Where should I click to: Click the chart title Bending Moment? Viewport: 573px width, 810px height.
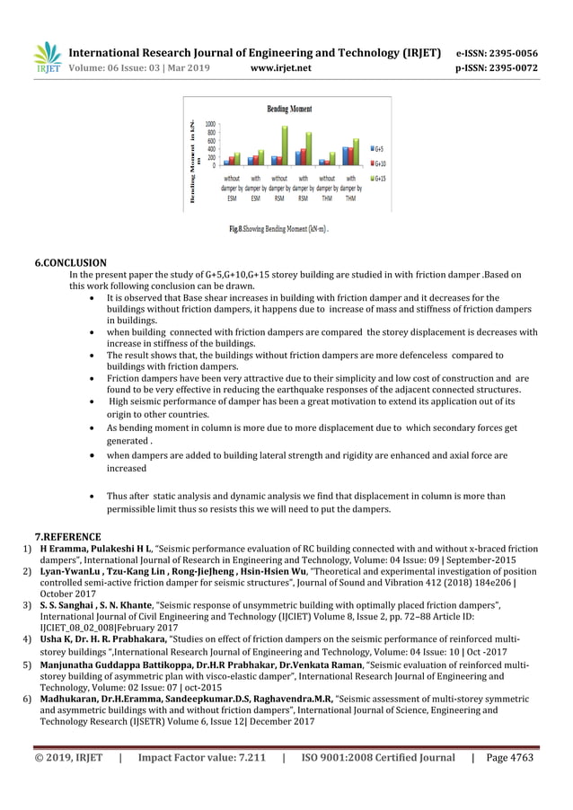[x=289, y=110]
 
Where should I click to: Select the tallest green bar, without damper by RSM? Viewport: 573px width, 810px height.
[x=285, y=145]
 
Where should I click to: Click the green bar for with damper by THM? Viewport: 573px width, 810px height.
[x=357, y=152]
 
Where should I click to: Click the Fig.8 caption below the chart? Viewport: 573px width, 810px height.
[x=278, y=231]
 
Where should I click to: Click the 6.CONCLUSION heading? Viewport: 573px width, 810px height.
[x=70, y=263]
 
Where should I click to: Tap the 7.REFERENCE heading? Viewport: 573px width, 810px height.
[x=67, y=535]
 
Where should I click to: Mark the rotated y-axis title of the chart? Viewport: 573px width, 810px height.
[x=192, y=162]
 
